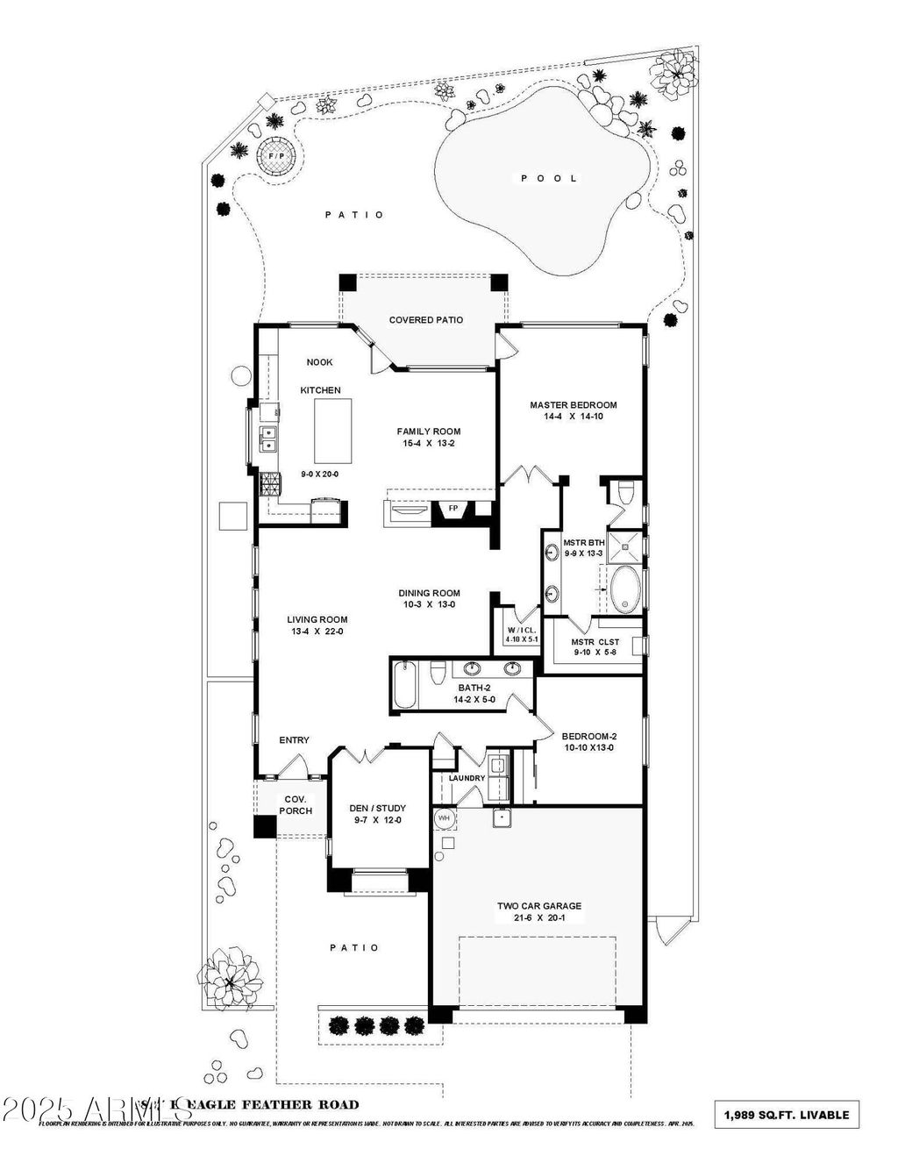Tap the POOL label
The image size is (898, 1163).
(550, 178)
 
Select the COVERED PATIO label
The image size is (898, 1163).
(426, 320)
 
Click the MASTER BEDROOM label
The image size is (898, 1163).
(573, 405)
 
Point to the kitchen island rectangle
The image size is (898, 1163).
(333, 431)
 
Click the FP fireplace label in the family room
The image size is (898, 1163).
(453, 508)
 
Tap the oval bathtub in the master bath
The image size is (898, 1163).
(624, 589)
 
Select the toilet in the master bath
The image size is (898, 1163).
(624, 494)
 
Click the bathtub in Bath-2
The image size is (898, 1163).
(404, 684)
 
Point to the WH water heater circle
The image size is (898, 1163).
(444, 817)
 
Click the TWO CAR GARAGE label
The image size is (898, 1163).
(539, 906)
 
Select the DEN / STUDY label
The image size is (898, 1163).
(377, 808)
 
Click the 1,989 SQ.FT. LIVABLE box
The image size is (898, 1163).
(787, 1115)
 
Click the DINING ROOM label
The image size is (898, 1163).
(429, 593)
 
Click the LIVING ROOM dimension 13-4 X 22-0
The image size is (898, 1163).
(317, 631)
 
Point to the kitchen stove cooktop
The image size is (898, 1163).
(269, 483)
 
